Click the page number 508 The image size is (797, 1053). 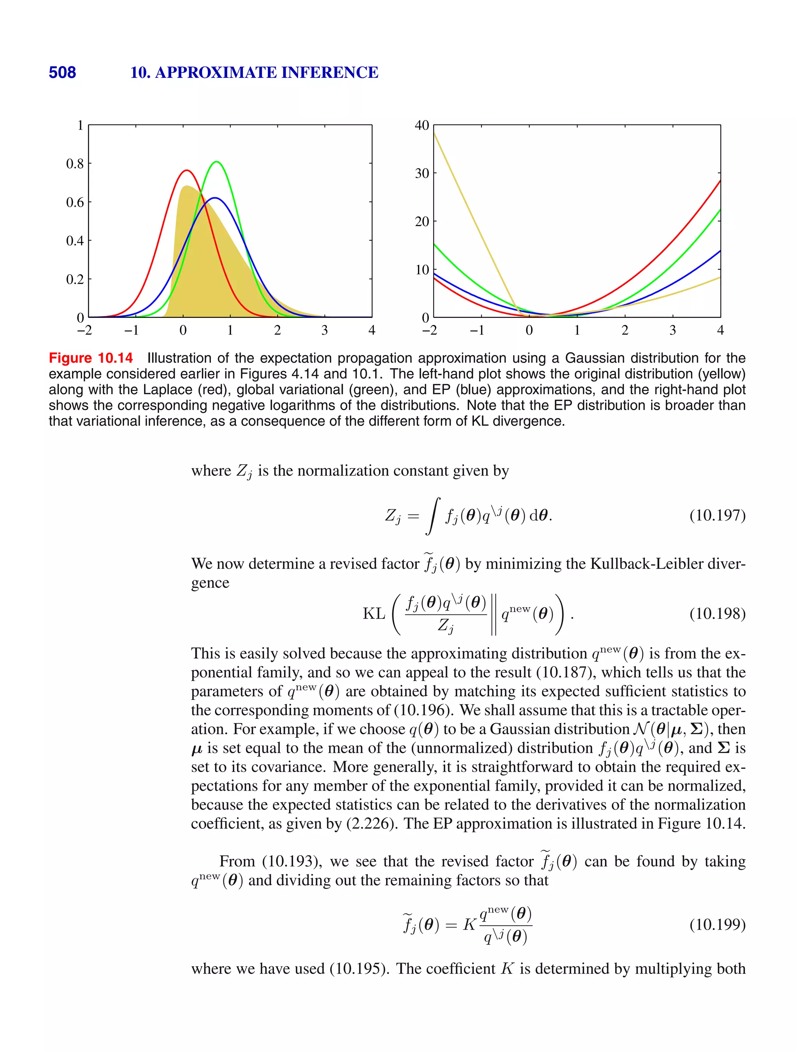click(62, 72)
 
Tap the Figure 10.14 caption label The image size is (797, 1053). click(90, 358)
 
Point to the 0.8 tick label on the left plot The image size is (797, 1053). click(75, 164)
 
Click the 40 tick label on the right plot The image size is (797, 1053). click(422, 125)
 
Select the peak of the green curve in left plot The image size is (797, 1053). click(217, 162)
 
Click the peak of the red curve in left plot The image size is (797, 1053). click(187, 170)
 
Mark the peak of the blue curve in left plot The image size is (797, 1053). click(215, 198)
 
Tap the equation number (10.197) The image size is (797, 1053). click(717, 515)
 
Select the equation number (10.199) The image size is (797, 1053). click(717, 925)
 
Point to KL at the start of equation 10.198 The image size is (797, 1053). click(374, 614)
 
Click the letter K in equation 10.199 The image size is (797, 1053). click(469, 925)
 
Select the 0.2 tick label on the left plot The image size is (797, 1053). click(75, 279)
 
